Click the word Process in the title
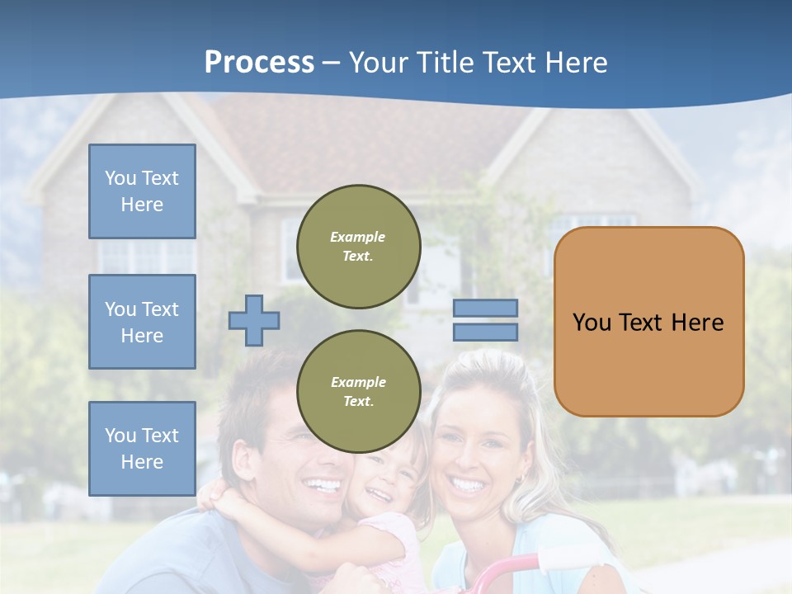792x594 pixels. click(x=259, y=63)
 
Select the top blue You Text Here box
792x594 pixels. click(x=142, y=191)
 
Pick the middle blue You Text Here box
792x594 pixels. click(x=142, y=322)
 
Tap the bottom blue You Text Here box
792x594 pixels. click(x=142, y=448)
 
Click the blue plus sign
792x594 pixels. click(x=254, y=320)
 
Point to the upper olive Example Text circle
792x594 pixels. click(x=358, y=247)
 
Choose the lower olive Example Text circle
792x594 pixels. click(x=358, y=392)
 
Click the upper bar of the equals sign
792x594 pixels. click(x=485, y=309)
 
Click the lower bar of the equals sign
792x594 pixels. click(x=485, y=332)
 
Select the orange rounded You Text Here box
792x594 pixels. click(x=648, y=322)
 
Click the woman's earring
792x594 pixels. click(x=520, y=479)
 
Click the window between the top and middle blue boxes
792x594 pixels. click(x=142, y=256)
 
